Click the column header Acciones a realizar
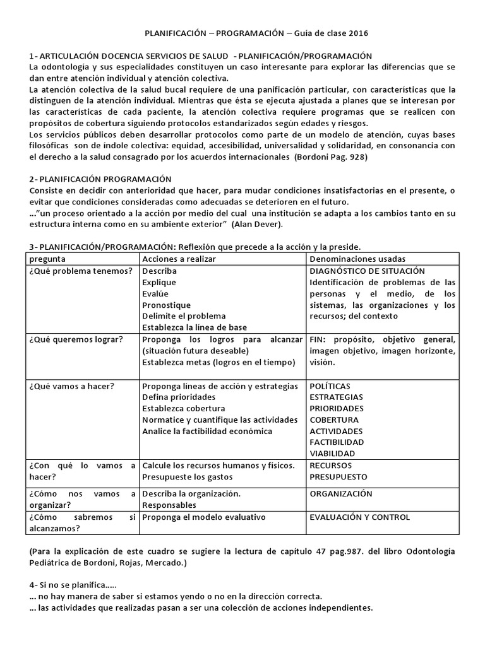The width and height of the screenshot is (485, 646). [181, 259]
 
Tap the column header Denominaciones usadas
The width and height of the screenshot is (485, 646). [357, 259]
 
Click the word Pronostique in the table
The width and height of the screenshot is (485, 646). [166, 305]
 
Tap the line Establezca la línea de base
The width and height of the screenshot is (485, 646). [195, 327]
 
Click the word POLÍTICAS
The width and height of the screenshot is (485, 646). [330, 386]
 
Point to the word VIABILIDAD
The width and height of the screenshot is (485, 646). [332, 454]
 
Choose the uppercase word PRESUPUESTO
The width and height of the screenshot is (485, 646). [338, 477]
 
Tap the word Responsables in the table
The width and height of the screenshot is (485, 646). [169, 505]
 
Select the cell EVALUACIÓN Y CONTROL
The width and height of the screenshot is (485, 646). [359, 517]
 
